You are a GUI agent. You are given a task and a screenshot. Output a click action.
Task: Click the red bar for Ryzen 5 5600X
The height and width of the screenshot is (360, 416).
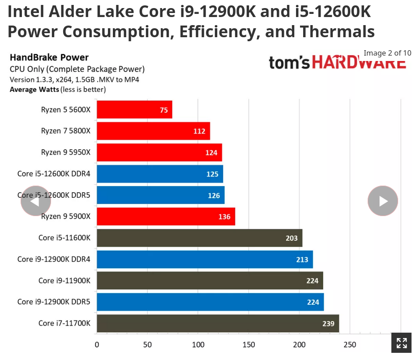[x=134, y=110]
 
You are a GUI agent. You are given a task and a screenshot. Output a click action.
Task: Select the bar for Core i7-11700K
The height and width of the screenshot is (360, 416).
[x=218, y=323]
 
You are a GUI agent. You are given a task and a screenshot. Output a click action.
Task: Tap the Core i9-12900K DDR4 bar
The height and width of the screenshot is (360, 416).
[x=205, y=259]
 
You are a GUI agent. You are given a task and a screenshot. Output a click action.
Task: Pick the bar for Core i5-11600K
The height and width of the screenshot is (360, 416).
[x=199, y=238]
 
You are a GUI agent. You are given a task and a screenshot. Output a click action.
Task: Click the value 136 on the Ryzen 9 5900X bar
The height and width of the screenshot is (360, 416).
[x=224, y=217]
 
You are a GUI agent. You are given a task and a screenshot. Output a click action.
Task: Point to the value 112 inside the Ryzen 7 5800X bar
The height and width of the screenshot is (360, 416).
[x=199, y=131]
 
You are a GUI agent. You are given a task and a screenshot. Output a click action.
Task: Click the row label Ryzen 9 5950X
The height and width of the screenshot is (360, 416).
[x=65, y=152]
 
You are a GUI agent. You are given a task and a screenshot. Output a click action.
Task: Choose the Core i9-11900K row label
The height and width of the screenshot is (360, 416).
[x=64, y=281]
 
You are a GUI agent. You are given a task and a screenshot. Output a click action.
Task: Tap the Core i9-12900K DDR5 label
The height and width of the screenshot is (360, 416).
[x=54, y=302]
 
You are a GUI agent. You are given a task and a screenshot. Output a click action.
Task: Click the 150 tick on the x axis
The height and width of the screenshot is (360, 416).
[x=249, y=345]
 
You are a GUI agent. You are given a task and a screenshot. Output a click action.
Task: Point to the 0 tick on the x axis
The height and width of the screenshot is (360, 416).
[x=97, y=345]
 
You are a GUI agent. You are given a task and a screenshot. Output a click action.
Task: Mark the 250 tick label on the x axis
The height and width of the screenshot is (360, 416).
[x=350, y=345]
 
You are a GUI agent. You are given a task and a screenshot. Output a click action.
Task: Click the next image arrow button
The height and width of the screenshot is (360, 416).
[x=383, y=201]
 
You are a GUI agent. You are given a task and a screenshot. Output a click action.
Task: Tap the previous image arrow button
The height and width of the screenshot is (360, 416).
[x=35, y=201]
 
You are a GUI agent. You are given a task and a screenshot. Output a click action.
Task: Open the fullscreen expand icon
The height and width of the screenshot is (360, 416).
[x=402, y=343]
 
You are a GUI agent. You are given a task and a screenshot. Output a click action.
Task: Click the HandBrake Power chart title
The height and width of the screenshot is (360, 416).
[x=49, y=57]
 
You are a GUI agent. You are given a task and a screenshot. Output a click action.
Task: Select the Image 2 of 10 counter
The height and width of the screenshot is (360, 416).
[x=387, y=53]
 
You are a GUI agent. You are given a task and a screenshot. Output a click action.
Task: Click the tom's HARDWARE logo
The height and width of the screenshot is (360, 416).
[x=337, y=63]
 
